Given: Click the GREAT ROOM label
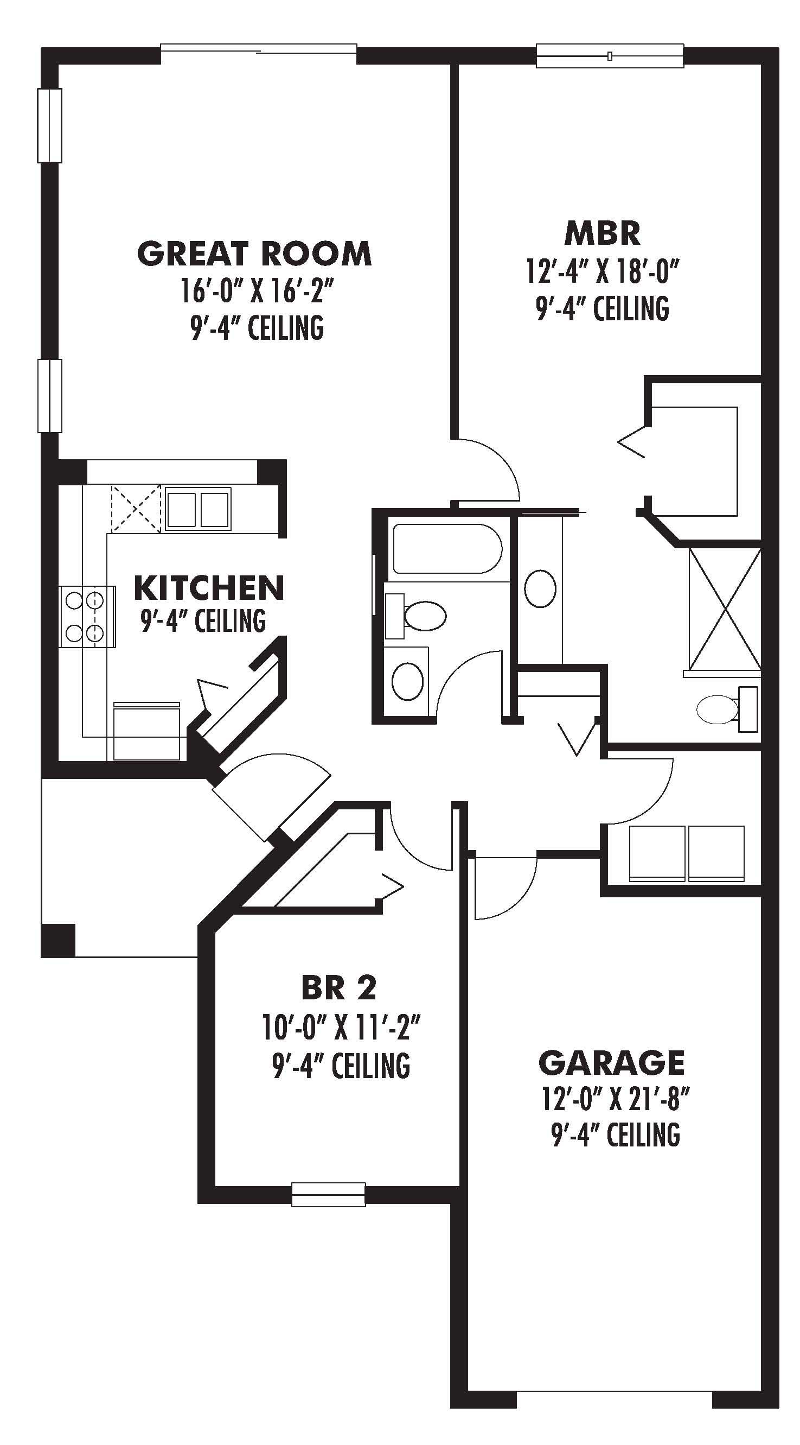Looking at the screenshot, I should pyautogui.click(x=254, y=253).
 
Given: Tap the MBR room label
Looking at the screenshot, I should pyautogui.click(x=603, y=234).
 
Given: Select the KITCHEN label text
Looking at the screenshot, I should pyautogui.click(x=209, y=588).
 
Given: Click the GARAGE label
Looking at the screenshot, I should pyautogui.click(x=612, y=1062).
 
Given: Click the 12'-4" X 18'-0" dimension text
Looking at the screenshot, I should pyautogui.click(x=603, y=272).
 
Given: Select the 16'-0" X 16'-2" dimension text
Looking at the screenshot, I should pyautogui.click(x=258, y=291).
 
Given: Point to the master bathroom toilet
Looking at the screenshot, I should pyautogui.click(x=723, y=709).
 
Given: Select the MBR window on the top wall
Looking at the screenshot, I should pyautogui.click(x=610, y=56).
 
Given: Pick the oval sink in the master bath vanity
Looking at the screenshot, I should pyautogui.click(x=540, y=588).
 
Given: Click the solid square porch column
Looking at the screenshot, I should pyautogui.click(x=57, y=940).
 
